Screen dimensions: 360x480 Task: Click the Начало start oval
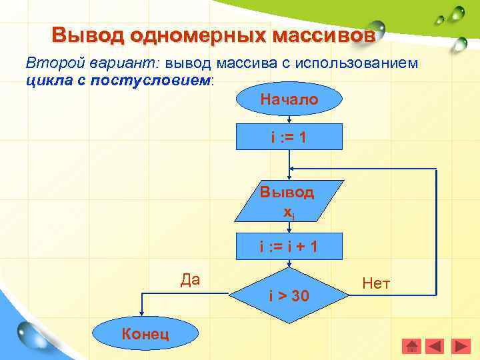tap(289, 101)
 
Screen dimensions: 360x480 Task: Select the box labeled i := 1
tap(289, 138)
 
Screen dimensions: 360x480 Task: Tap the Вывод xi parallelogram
tap(288, 201)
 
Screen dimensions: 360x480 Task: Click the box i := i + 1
tap(289, 247)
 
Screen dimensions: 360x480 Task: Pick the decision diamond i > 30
tap(289, 294)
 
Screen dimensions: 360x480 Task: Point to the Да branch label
tap(190, 279)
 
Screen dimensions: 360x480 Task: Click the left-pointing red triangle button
tap(435, 346)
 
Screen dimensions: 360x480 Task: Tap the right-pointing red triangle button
tap(461, 346)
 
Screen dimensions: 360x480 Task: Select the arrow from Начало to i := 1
tap(289, 120)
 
